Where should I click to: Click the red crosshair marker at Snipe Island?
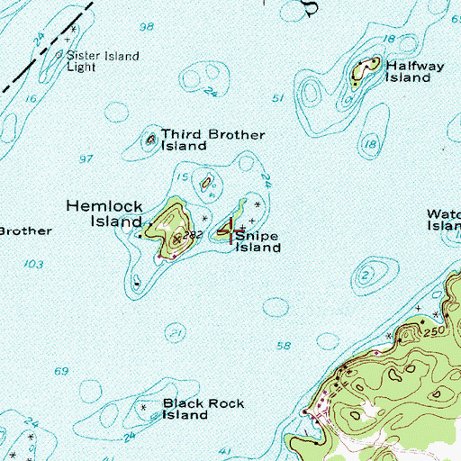coord(231,231)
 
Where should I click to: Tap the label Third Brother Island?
coord(212,140)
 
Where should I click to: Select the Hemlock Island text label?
coord(104,213)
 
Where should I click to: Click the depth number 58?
coord(285,346)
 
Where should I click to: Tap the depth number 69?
coord(61,371)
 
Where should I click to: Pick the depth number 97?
coord(86,158)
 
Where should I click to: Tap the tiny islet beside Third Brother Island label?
coord(150,140)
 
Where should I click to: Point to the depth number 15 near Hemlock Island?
coord(184,176)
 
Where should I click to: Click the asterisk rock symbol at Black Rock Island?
coord(144,408)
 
